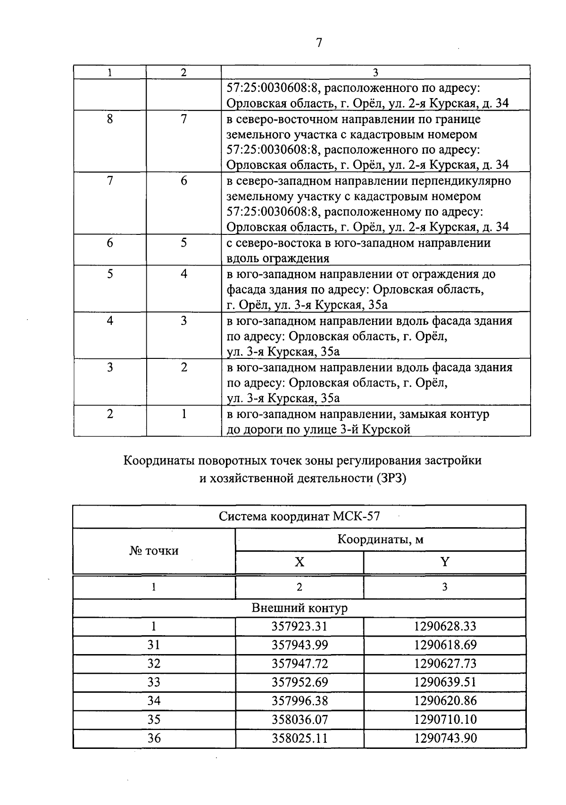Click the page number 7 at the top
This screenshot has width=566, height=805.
(319, 43)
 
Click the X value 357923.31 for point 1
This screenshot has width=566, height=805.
(300, 626)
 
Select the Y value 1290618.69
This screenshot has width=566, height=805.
(445, 645)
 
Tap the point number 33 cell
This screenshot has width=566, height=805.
(154, 682)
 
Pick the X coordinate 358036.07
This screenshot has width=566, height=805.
(300, 719)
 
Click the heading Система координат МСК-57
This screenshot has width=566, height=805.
(299, 516)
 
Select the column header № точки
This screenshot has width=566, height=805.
(154, 550)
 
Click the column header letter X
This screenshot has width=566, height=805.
(300, 562)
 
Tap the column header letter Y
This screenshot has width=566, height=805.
(445, 562)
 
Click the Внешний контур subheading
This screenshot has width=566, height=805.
(299, 608)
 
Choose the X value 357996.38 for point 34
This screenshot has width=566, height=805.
(300, 701)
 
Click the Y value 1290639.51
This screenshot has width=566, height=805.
(445, 682)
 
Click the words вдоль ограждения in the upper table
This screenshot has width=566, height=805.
(278, 258)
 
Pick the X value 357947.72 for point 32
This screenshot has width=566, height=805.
(300, 664)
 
